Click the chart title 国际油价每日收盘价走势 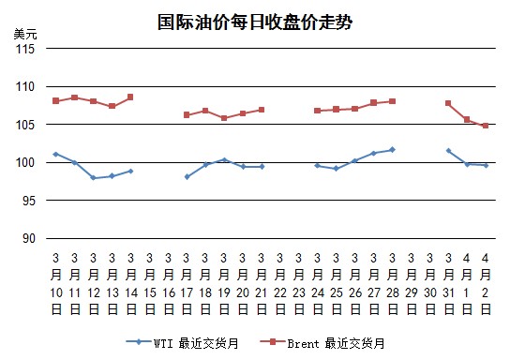click(x=255, y=22)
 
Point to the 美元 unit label click(x=25, y=34)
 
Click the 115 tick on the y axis click(x=25, y=49)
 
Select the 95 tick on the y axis click(x=29, y=201)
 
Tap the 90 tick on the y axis click(x=29, y=239)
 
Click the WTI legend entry click(x=182, y=343)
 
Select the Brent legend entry click(x=322, y=343)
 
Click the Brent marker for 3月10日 click(x=55, y=101)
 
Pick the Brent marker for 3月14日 click(x=130, y=97)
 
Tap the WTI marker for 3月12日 click(x=94, y=178)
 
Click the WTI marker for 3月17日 click(x=187, y=177)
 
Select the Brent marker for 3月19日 click(x=224, y=118)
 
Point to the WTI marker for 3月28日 click(x=393, y=150)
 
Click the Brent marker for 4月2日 click(x=486, y=126)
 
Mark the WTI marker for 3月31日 click(x=449, y=151)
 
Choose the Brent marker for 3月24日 click(x=318, y=111)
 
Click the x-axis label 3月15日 click(x=150, y=284)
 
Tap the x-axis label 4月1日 click(x=467, y=284)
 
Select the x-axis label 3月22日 click(x=280, y=284)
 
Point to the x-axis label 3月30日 click(x=430, y=284)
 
